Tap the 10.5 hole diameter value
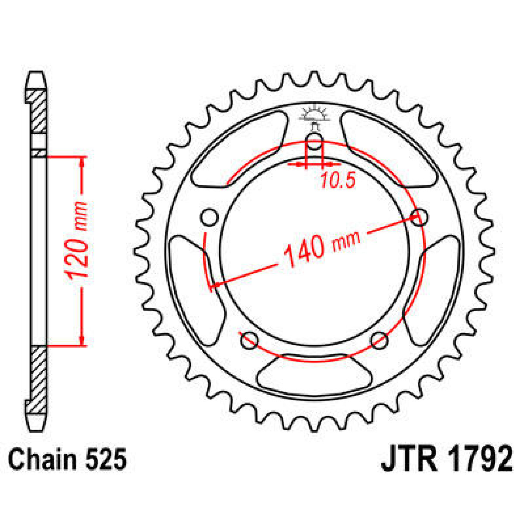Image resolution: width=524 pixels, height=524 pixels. (x=338, y=180)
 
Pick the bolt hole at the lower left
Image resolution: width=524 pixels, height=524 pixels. (x=249, y=340)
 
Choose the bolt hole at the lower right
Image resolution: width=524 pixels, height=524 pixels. (x=379, y=340)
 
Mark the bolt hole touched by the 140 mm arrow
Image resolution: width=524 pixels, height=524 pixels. (x=420, y=217)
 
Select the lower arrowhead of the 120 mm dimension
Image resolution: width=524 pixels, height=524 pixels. (x=82, y=340)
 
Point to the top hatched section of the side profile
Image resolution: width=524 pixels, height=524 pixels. (x=38, y=111)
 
